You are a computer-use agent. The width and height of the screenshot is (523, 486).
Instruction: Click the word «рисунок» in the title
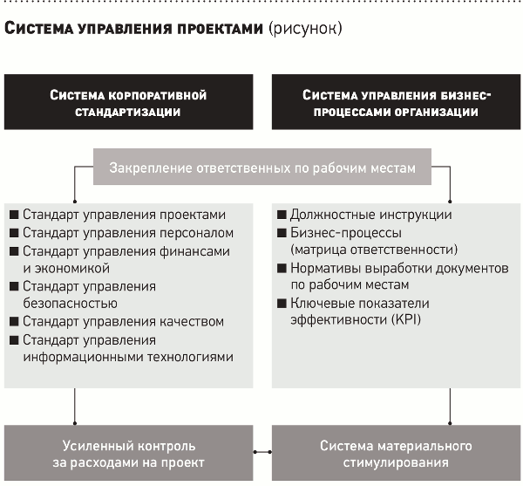305,29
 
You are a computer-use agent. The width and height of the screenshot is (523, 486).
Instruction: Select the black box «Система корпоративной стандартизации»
128,102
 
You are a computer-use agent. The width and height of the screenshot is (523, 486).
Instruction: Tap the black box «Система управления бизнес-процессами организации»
396,102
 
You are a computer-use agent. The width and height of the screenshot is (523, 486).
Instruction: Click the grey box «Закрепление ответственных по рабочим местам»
262,167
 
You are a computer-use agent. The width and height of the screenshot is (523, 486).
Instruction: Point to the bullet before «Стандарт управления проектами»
14,215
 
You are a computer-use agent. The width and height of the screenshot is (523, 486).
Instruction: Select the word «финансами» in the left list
194,251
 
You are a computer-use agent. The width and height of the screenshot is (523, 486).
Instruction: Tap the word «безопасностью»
70,304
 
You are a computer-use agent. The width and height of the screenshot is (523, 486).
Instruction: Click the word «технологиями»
190,357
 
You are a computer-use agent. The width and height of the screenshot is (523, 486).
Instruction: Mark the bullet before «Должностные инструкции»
282,215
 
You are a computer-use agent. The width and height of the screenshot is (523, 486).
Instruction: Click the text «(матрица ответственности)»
374,250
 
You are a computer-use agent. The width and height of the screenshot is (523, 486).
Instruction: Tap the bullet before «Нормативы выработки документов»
282,268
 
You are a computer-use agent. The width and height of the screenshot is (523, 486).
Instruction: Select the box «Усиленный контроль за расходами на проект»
128,453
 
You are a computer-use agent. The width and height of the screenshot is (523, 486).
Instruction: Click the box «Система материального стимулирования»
396,453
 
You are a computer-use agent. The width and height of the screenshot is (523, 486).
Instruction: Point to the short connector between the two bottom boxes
262,452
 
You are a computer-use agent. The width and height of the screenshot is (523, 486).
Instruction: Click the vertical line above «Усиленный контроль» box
75,407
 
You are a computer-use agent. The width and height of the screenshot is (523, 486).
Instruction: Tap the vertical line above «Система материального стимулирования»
450,407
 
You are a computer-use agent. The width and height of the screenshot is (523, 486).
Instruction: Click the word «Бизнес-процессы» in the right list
346,233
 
